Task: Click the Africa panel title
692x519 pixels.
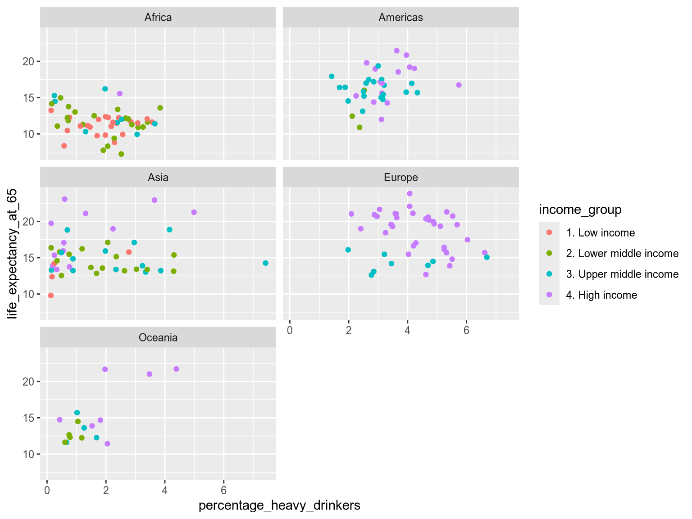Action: pos(158,18)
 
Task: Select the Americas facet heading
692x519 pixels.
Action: pos(401,18)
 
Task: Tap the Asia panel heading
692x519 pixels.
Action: pos(158,178)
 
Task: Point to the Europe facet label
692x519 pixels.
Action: pos(401,178)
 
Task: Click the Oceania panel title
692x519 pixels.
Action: pos(158,338)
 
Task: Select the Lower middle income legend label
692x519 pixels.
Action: pos(622,254)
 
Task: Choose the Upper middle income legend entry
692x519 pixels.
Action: pos(622,274)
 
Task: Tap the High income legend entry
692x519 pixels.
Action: pos(601,295)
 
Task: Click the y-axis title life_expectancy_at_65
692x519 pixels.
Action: pos(13,254)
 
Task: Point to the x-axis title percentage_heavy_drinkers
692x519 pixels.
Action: pos(279,505)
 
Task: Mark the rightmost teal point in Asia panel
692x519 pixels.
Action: pos(265,263)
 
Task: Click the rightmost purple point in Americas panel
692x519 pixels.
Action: pos(459,85)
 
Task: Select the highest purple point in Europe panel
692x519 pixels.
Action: pos(410,194)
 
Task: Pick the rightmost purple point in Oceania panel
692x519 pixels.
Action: pos(176,369)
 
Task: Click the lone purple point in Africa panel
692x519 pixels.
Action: pos(120,94)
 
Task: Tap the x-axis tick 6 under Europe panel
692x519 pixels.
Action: pos(466,330)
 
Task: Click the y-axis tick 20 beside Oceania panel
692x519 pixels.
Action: pos(28,382)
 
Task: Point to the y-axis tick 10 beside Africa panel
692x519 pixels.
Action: pos(28,134)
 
